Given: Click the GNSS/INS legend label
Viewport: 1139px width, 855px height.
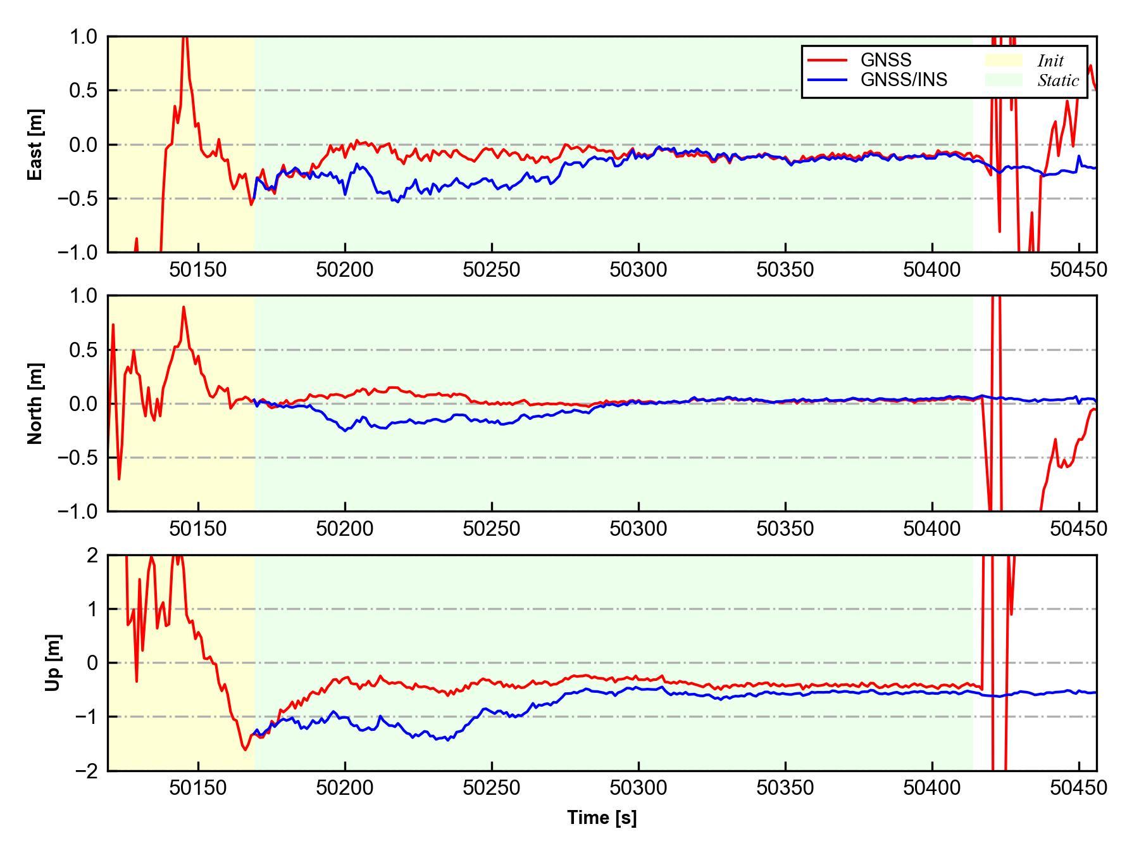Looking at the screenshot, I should [x=904, y=80].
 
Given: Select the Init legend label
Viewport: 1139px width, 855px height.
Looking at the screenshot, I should [x=1050, y=61].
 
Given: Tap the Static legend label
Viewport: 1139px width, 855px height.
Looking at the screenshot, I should [x=1058, y=80].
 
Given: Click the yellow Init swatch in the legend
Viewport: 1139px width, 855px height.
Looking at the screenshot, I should [x=1003, y=60].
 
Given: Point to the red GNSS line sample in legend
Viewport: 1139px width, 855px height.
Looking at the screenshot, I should [x=827, y=60].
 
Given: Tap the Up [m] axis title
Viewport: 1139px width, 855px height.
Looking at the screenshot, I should [x=54, y=662].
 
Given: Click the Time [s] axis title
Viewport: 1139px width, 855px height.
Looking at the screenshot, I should [x=602, y=818].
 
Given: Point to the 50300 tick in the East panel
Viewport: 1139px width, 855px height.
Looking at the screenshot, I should [x=638, y=270].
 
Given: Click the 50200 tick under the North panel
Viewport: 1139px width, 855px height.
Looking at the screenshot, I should [x=345, y=529].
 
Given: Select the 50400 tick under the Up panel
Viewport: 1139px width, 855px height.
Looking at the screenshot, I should [x=932, y=788].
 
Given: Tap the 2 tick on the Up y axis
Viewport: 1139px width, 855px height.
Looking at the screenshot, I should [x=92, y=555].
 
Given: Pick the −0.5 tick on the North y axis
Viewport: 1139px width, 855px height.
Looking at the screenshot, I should [x=78, y=457].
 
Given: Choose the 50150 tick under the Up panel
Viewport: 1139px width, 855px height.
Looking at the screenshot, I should [x=198, y=788].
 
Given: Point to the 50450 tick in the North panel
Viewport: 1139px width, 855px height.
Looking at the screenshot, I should [x=1078, y=529].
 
